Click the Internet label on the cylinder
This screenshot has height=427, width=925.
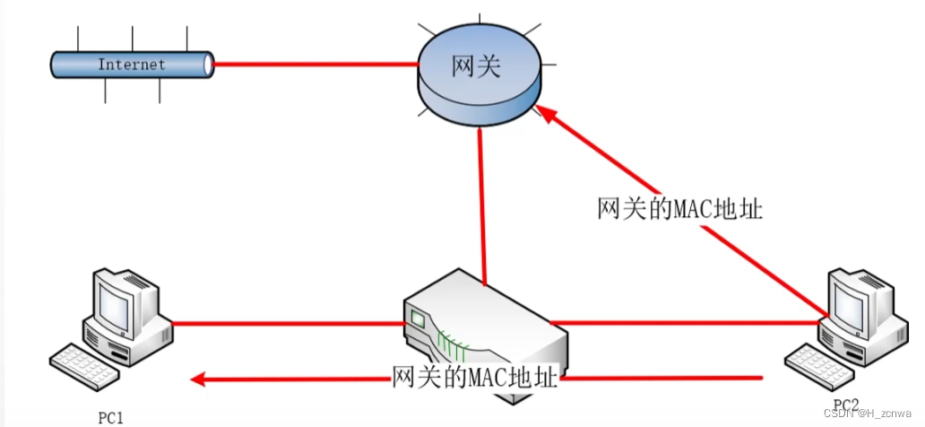[x=131, y=64]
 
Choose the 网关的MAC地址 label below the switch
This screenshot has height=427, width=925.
[x=475, y=377]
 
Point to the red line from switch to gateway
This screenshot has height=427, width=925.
[x=481, y=206]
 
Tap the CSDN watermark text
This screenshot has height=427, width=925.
[x=874, y=414]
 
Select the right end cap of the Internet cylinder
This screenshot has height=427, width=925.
[x=209, y=64]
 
